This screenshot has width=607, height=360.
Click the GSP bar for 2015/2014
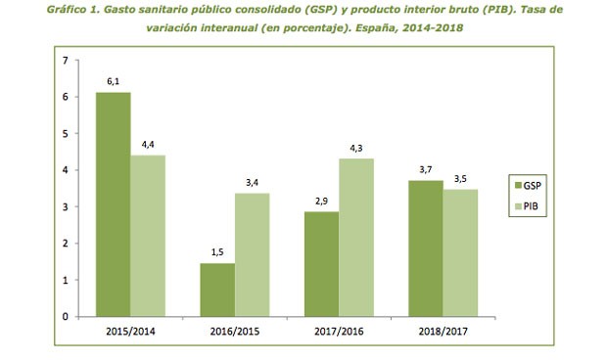pos(113,204)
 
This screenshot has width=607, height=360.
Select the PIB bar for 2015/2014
pos(147,236)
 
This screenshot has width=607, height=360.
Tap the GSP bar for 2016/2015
pos(217,290)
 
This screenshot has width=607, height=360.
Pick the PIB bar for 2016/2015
pos(253,254)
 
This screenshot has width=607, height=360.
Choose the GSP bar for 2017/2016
pos(322,263)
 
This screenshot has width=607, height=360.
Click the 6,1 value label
pos(113,81)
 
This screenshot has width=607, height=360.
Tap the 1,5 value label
pos(217,251)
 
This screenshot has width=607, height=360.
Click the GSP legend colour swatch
pos(518,184)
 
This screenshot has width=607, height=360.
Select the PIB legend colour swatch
pos(518,207)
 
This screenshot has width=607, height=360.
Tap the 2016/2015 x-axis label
pos(235,331)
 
